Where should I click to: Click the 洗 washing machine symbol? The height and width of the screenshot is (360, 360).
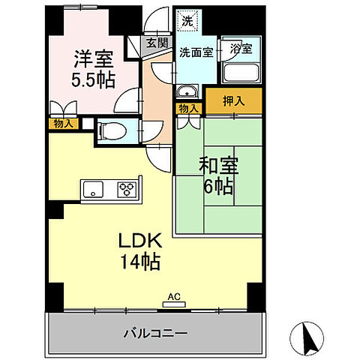(186, 20)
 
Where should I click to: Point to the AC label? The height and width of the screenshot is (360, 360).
(173, 297)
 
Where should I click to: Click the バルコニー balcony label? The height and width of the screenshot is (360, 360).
(156, 331)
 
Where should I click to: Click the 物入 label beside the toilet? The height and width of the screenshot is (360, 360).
(63, 123)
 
